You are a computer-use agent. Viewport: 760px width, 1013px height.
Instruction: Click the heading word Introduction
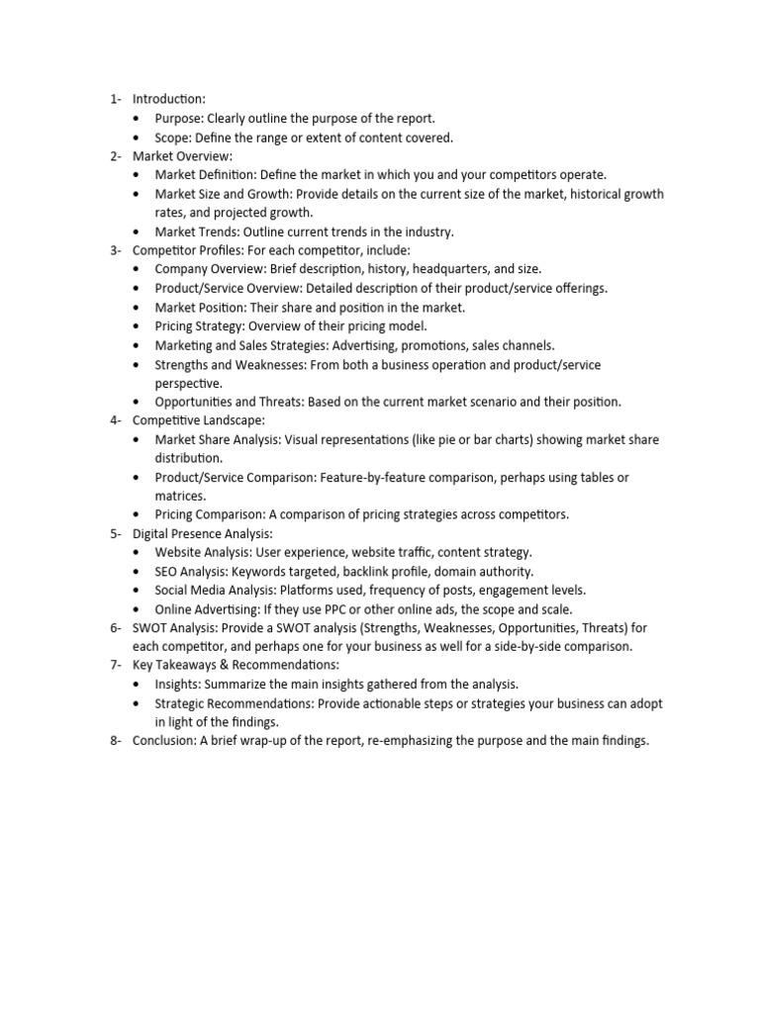coord(168,99)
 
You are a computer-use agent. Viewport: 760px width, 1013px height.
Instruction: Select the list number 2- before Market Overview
coord(116,156)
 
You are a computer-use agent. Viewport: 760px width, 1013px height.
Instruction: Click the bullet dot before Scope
coord(137,138)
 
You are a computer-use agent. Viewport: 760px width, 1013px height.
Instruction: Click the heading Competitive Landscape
coord(198,420)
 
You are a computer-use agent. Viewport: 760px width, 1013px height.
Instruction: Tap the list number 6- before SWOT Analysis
coord(116,628)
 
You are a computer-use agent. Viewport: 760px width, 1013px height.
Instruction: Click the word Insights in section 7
coord(178,685)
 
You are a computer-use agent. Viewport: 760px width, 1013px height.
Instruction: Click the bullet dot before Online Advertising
coord(137,609)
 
